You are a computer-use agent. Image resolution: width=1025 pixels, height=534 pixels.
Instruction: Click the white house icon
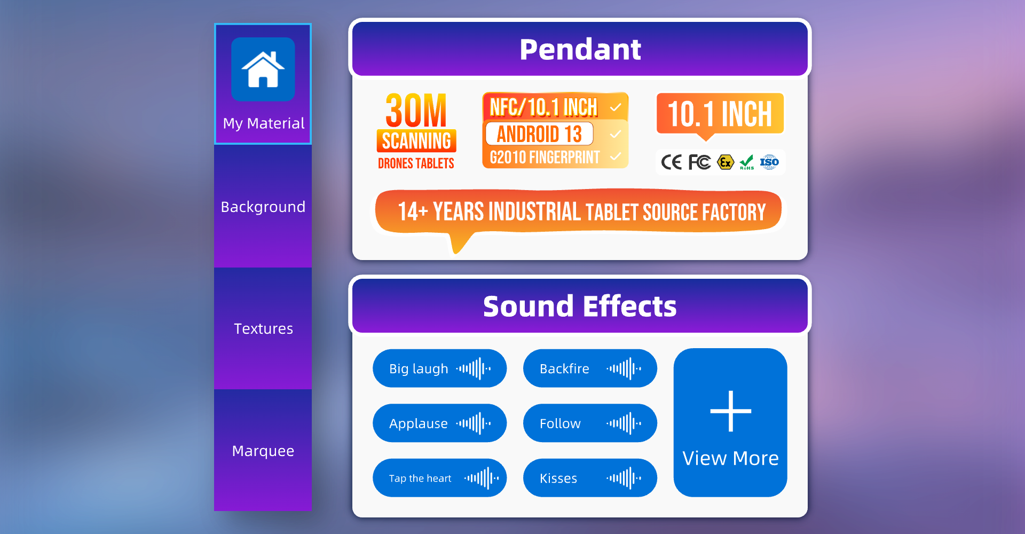pyautogui.click(x=263, y=69)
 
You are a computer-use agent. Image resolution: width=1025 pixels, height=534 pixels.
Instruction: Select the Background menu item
pyautogui.click(x=263, y=207)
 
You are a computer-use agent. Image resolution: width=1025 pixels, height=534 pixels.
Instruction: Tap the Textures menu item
pyautogui.click(x=263, y=328)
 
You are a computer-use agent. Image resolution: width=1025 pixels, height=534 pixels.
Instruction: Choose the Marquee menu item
pyautogui.click(x=263, y=451)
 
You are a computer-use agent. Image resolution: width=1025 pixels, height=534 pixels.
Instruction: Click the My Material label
pyautogui.click(x=264, y=123)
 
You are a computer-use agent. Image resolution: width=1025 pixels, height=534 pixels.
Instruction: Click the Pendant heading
pyautogui.click(x=580, y=50)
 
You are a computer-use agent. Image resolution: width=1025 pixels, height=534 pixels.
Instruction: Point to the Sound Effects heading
pyautogui.click(x=580, y=307)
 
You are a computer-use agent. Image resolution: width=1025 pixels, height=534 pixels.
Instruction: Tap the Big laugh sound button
pyautogui.click(x=439, y=368)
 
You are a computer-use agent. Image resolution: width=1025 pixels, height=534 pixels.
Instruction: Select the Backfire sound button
pyautogui.click(x=590, y=368)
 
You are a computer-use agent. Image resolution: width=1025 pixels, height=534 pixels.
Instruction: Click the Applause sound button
pyautogui.click(x=439, y=423)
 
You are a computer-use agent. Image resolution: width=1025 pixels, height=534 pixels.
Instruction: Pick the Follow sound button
pyautogui.click(x=590, y=423)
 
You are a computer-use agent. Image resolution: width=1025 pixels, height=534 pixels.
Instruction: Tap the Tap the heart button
pyautogui.click(x=439, y=478)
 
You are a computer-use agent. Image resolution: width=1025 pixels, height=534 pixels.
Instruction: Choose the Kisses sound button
pyautogui.click(x=590, y=478)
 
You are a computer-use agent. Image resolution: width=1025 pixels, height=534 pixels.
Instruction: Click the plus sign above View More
pyautogui.click(x=730, y=411)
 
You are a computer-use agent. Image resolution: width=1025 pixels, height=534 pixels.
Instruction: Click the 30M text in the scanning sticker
pyautogui.click(x=416, y=111)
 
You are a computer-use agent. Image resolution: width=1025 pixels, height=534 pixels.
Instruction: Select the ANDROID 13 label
pyautogui.click(x=539, y=133)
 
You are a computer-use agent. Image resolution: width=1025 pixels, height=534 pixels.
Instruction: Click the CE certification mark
pyautogui.click(x=671, y=162)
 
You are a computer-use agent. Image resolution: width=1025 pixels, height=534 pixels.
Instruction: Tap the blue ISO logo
pyautogui.click(x=769, y=162)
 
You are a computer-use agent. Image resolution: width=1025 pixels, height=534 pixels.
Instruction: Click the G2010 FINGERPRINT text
pyautogui.click(x=545, y=158)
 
